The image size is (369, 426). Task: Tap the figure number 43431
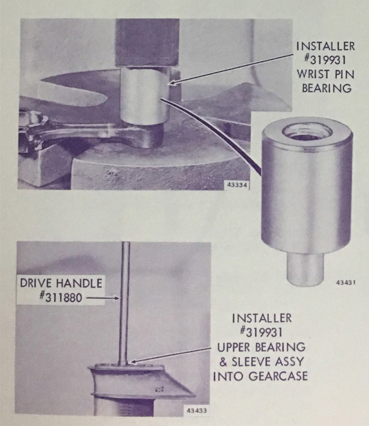tap(346, 282)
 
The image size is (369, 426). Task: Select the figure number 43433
tap(197, 410)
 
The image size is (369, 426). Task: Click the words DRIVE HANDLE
tap(61, 283)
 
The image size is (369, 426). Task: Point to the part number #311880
tap(61, 298)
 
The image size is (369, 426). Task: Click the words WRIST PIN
tap(325, 74)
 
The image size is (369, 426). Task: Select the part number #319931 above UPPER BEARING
tap(261, 332)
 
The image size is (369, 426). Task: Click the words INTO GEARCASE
tap(260, 376)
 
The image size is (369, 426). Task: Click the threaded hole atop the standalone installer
tap(307, 131)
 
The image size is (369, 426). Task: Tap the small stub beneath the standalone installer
tap(306, 269)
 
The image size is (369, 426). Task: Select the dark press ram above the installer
tap(147, 42)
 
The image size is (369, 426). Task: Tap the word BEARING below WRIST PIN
tap(327, 88)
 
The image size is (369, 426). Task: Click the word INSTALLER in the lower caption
tap(261, 318)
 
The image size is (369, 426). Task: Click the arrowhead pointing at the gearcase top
tap(133, 361)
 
